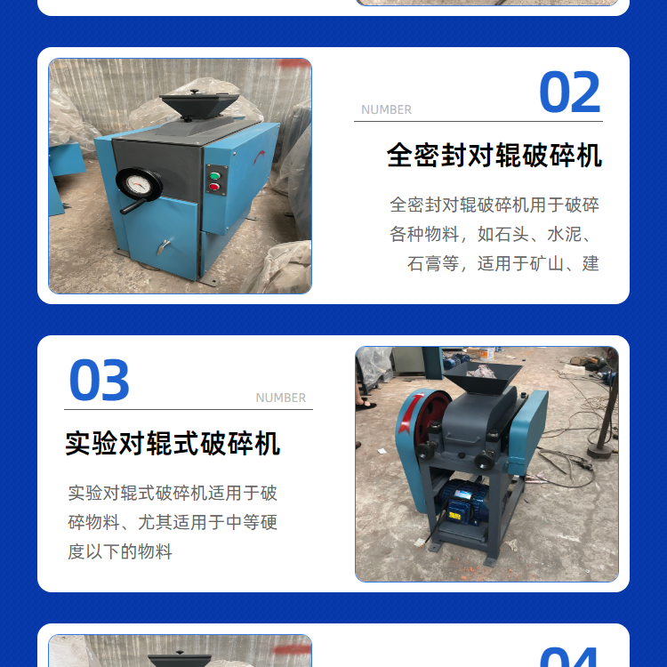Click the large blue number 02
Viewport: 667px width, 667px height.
click(x=569, y=92)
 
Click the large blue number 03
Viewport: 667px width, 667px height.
click(x=99, y=380)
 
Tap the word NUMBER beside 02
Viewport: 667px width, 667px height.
click(x=386, y=109)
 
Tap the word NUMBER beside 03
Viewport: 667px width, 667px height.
click(x=281, y=398)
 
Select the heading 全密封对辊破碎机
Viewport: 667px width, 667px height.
click(x=494, y=156)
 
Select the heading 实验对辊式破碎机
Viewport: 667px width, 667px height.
click(x=173, y=443)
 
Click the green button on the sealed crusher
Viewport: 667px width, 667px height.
click(x=215, y=176)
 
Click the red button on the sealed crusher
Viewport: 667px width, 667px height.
click(x=214, y=187)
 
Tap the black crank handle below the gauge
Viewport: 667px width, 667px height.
click(x=133, y=206)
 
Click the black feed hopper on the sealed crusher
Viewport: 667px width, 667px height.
click(x=199, y=106)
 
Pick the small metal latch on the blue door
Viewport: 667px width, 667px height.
click(x=164, y=246)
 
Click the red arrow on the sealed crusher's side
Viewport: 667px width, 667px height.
click(x=259, y=157)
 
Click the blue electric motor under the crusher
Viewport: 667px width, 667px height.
click(x=462, y=502)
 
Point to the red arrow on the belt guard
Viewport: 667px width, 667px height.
click(x=410, y=414)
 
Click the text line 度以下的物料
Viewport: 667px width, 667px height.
click(x=120, y=551)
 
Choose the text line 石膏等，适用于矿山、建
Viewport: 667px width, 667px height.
click(x=503, y=264)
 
